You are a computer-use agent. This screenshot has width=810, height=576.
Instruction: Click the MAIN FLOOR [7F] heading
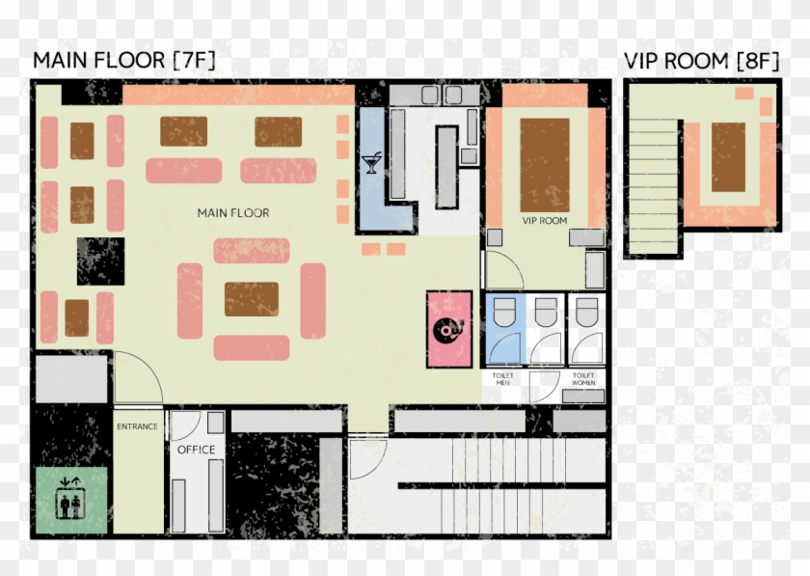pos(123,61)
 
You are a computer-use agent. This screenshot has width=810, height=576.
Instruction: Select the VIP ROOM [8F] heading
pos(701,61)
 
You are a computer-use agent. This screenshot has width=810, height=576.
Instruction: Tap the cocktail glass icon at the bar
pos(371,163)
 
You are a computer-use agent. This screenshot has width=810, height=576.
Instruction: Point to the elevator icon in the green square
pos(70,500)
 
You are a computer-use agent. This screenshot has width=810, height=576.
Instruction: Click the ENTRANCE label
pos(137,426)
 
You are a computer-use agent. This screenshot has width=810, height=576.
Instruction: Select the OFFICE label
pos(196,450)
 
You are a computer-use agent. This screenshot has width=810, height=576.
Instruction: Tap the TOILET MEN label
pos(503,378)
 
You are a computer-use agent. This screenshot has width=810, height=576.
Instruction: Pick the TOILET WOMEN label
pos(583,378)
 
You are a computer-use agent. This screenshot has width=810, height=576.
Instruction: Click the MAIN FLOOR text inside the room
pos(232,212)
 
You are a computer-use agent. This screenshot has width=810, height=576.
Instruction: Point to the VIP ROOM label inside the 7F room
pos(544,221)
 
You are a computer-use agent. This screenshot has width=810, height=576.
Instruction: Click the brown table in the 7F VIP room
pos(545,164)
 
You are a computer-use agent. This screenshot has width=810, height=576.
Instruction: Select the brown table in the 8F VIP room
pos(729,156)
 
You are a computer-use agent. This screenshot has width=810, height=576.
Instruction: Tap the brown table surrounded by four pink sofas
pos(252,299)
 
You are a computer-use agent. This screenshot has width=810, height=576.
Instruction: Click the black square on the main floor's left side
pos(100,261)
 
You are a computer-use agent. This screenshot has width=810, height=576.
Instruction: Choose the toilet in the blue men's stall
pos(503,313)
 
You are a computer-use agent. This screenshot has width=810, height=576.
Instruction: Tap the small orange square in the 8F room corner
pos(744,94)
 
